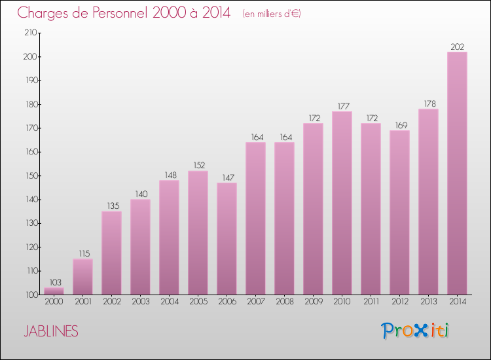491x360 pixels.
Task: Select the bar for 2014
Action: pyautogui.click(x=457, y=173)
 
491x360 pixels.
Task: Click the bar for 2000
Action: pyautogui.click(x=54, y=291)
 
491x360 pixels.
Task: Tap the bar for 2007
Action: pyautogui.click(x=255, y=219)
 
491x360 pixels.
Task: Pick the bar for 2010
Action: pyautogui.click(x=342, y=203)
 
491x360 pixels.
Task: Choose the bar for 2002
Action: pyautogui.click(x=111, y=253)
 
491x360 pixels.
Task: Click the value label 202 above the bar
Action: pyautogui.click(x=457, y=46)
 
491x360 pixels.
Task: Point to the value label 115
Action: pyautogui.click(x=82, y=253)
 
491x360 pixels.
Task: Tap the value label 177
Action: pyautogui.click(x=342, y=106)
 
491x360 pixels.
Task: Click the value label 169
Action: pyautogui.click(x=399, y=125)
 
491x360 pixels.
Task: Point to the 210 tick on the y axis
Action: pyautogui.click(x=29, y=33)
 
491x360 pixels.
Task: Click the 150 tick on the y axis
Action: pyautogui.click(x=29, y=175)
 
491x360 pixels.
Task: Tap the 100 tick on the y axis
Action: pyautogui.click(x=29, y=295)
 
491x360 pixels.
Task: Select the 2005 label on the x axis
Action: pyautogui.click(x=198, y=302)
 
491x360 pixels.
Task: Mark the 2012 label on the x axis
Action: pyautogui.click(x=399, y=302)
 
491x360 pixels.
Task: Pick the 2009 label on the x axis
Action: pyautogui.click(x=313, y=302)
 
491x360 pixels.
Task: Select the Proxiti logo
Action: pyautogui.click(x=415, y=331)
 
